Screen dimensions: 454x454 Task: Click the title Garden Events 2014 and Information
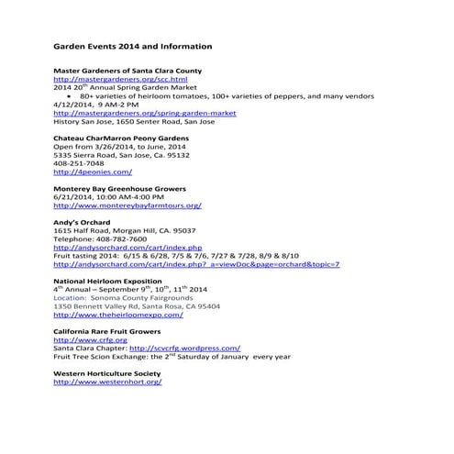pyautogui.click(x=133, y=46)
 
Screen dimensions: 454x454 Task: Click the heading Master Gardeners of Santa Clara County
pyautogui.click(x=127, y=71)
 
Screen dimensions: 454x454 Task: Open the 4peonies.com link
pyautogui.click(x=93, y=172)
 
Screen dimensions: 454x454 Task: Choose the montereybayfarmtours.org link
pyautogui.click(x=127, y=205)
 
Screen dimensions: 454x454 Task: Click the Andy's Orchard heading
pyautogui.click(x=82, y=223)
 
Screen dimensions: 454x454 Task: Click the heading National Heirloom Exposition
pyautogui.click(x=107, y=282)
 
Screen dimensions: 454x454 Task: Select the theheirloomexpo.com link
pyautogui.click(x=118, y=315)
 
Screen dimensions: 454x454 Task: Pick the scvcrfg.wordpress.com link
pyautogui.click(x=185, y=349)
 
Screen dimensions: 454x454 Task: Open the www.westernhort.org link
pyautogui.click(x=107, y=382)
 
